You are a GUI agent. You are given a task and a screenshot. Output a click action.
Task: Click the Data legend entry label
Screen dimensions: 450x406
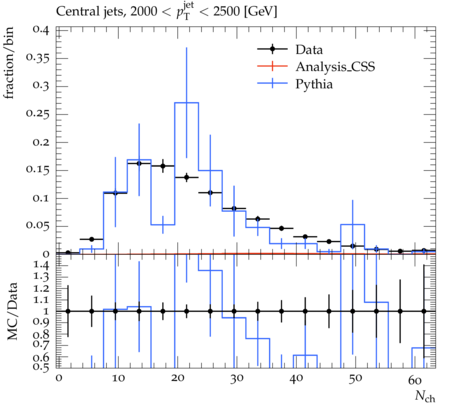309,50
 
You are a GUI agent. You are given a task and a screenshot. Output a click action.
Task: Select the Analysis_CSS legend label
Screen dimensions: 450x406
335,67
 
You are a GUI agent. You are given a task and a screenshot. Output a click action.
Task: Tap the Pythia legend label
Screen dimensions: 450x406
314,84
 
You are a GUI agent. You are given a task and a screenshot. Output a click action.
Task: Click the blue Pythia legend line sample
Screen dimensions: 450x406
272,83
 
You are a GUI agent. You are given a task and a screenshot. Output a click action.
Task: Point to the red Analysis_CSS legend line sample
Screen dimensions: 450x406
272,66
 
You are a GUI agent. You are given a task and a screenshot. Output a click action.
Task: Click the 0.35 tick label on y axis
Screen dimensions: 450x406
38,58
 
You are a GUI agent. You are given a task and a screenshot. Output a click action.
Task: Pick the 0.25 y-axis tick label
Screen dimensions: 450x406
38,114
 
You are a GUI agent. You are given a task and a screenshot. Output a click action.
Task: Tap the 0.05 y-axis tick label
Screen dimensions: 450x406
38,226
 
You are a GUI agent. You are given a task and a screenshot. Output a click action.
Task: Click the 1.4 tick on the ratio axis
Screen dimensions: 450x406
41,266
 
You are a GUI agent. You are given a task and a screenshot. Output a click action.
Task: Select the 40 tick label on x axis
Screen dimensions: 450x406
296,379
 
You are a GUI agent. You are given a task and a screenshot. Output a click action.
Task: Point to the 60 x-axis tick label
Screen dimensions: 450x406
415,380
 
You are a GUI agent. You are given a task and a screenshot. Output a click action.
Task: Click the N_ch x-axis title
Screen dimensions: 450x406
425,396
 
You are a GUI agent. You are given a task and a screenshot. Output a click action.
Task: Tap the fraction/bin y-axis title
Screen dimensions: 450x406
9,63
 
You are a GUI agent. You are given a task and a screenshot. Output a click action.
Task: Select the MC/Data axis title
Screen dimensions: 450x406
12,311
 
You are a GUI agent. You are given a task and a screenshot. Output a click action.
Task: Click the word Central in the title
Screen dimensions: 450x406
72,11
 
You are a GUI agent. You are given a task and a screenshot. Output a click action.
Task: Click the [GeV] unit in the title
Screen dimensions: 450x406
260,12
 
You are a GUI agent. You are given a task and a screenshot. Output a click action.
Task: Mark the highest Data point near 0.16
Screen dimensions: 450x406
139,163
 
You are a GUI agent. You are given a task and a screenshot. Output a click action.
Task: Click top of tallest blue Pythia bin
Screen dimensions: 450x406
186,103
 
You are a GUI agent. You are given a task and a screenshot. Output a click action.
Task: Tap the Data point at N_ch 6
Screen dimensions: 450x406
92,239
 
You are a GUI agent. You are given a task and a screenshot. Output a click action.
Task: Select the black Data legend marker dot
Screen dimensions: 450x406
272,49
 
